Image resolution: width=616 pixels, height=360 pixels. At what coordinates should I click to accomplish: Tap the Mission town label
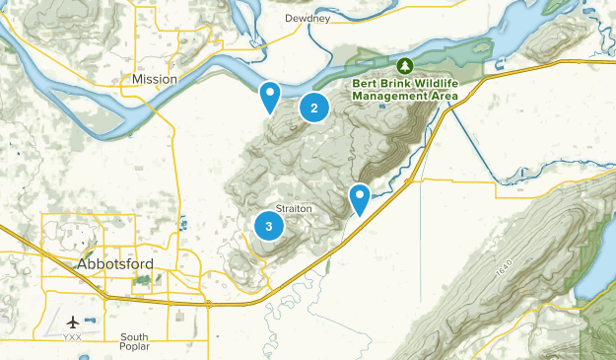tap(156, 79)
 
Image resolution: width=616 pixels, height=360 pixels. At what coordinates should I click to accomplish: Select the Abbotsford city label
tap(115, 263)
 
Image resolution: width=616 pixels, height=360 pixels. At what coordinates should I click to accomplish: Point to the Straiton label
tap(295, 208)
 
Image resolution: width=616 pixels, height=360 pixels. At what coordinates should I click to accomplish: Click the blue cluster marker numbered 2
tap(313, 108)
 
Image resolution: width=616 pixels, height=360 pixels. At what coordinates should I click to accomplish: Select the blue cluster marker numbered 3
tap(268, 226)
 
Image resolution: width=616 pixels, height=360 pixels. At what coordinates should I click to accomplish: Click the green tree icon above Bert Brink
tap(404, 66)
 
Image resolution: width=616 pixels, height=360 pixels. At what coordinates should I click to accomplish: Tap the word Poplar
tap(134, 349)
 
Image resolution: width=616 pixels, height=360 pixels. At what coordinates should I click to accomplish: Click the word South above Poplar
tap(134, 337)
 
